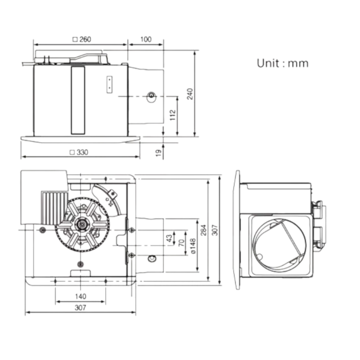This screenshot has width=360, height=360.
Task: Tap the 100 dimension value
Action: (146, 40)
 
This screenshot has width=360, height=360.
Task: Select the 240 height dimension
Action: (190, 94)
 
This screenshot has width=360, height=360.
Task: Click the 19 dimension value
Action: (159, 153)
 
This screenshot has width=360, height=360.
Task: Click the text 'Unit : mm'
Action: (282, 63)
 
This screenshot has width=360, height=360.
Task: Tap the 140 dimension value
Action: (81, 296)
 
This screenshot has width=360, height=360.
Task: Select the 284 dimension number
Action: (203, 230)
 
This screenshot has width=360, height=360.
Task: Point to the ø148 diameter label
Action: (193, 246)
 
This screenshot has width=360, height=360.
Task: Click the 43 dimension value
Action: (169, 238)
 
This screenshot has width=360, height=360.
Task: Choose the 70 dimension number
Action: (181, 243)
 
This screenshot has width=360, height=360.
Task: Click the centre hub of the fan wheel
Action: (81, 224)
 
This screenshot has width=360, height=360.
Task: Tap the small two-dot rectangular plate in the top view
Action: (109, 85)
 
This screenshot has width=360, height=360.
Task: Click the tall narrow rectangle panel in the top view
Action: (78, 100)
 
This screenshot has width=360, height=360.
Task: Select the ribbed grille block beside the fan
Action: (54, 208)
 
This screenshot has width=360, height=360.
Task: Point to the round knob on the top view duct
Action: (151, 96)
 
